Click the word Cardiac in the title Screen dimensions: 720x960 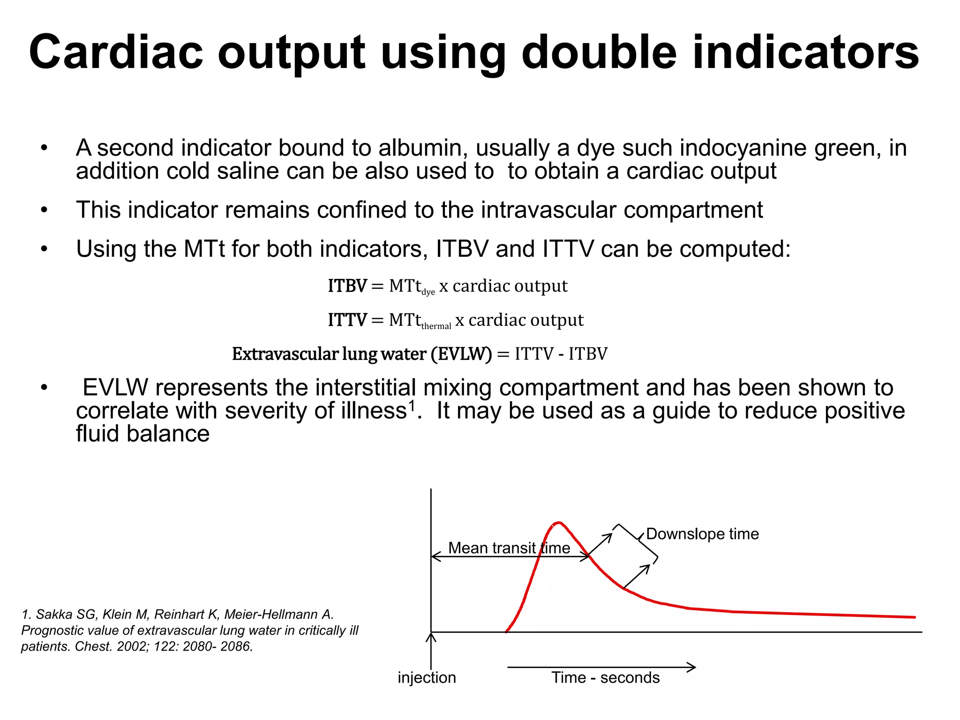pos(116,52)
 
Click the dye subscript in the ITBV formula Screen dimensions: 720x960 pos(428,292)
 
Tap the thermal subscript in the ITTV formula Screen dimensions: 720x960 pos(436,326)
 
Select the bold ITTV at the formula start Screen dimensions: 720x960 pos(347,320)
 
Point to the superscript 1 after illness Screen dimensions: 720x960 pos(412,404)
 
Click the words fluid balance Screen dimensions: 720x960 pos(142,434)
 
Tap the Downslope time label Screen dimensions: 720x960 pos(702,534)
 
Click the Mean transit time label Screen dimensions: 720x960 pos(509,548)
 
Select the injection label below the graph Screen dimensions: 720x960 pos(427,678)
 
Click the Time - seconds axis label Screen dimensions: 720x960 pos(605,678)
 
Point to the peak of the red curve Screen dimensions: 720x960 pos(558,523)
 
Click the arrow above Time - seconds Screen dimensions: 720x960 pos(601,667)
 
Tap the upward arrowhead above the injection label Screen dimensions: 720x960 pos(431,637)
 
